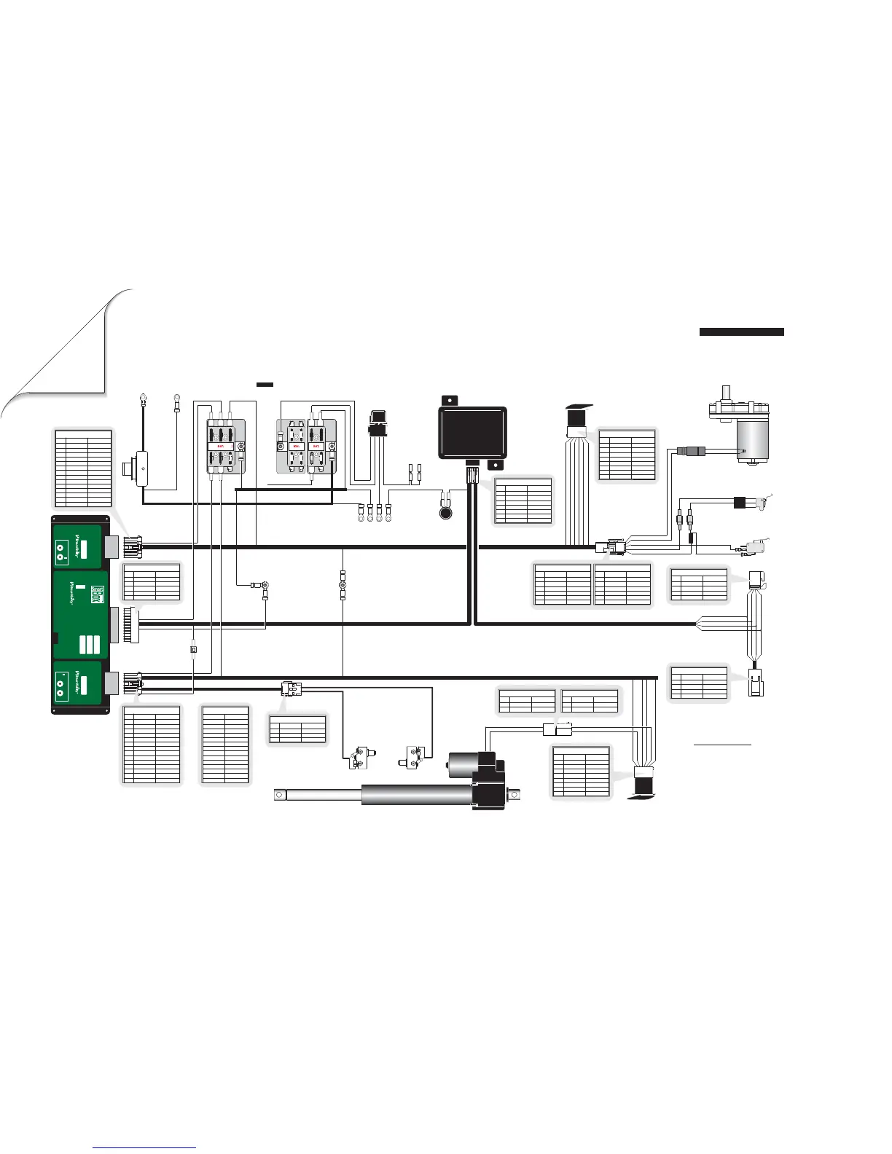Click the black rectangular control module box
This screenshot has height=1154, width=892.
472,433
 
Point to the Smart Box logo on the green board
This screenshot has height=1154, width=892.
96,595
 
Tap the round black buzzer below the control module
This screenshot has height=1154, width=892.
445,513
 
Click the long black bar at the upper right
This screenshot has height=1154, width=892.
741,332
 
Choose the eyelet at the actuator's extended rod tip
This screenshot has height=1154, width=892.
278,794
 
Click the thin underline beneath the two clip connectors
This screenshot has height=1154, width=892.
721,746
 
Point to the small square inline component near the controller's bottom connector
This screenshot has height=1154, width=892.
193,648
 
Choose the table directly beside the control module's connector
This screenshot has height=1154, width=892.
523,501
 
